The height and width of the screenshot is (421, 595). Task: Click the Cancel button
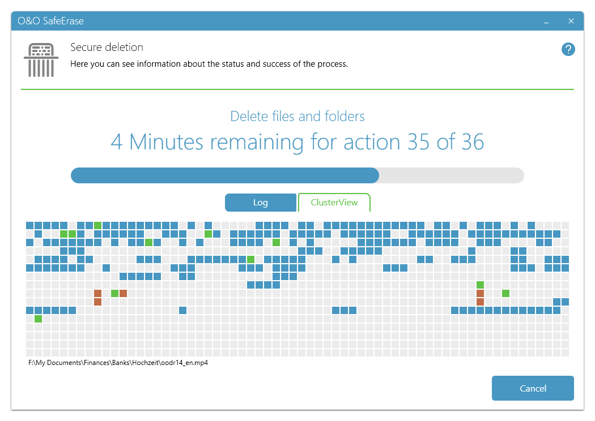(533, 388)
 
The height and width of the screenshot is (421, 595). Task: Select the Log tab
(260, 203)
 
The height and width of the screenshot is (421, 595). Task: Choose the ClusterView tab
(334, 203)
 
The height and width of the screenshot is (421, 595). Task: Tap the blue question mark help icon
(568, 49)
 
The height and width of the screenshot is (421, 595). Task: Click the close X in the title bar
(571, 22)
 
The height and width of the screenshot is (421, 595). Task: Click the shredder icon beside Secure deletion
(41, 59)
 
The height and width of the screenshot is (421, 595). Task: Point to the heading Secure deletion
(107, 48)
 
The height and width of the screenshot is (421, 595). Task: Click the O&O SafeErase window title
(50, 21)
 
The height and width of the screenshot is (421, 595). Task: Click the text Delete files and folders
(297, 117)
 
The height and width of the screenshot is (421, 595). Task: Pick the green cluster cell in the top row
(97, 225)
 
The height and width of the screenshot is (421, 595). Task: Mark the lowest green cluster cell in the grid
(38, 319)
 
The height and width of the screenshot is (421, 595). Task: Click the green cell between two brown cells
(114, 293)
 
